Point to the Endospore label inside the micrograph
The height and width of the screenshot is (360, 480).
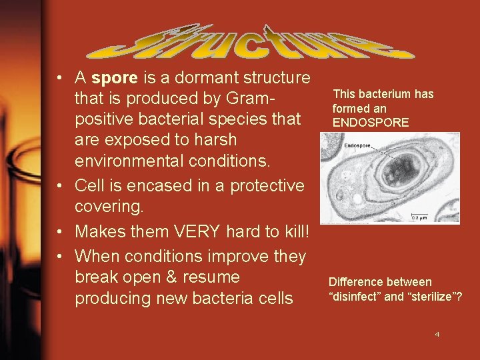click(x=357, y=145)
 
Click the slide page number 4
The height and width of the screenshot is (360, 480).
click(x=437, y=333)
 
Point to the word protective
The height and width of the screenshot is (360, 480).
click(x=267, y=185)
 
